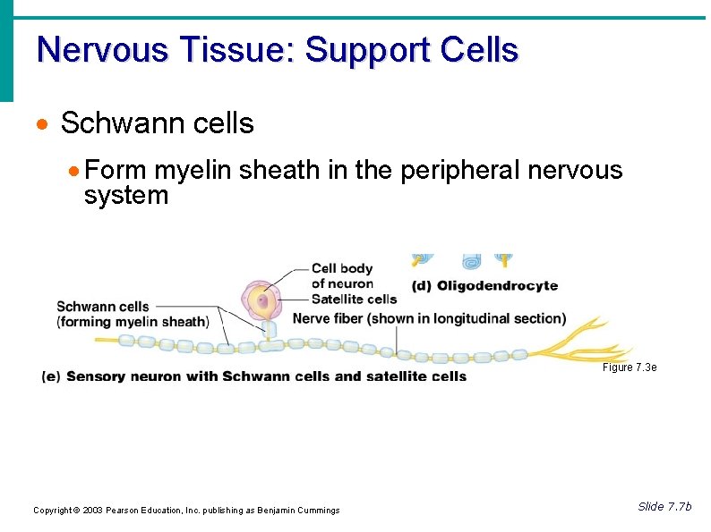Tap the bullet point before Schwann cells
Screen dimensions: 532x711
44,124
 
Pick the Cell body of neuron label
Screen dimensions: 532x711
341,275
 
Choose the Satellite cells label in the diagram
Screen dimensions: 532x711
354,300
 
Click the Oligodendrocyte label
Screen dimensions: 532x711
497,286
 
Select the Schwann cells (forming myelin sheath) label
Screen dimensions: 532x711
133,315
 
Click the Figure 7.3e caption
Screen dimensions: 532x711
630,367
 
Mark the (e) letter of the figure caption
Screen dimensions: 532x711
52,376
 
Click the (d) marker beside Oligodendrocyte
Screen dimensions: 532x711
421,286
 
